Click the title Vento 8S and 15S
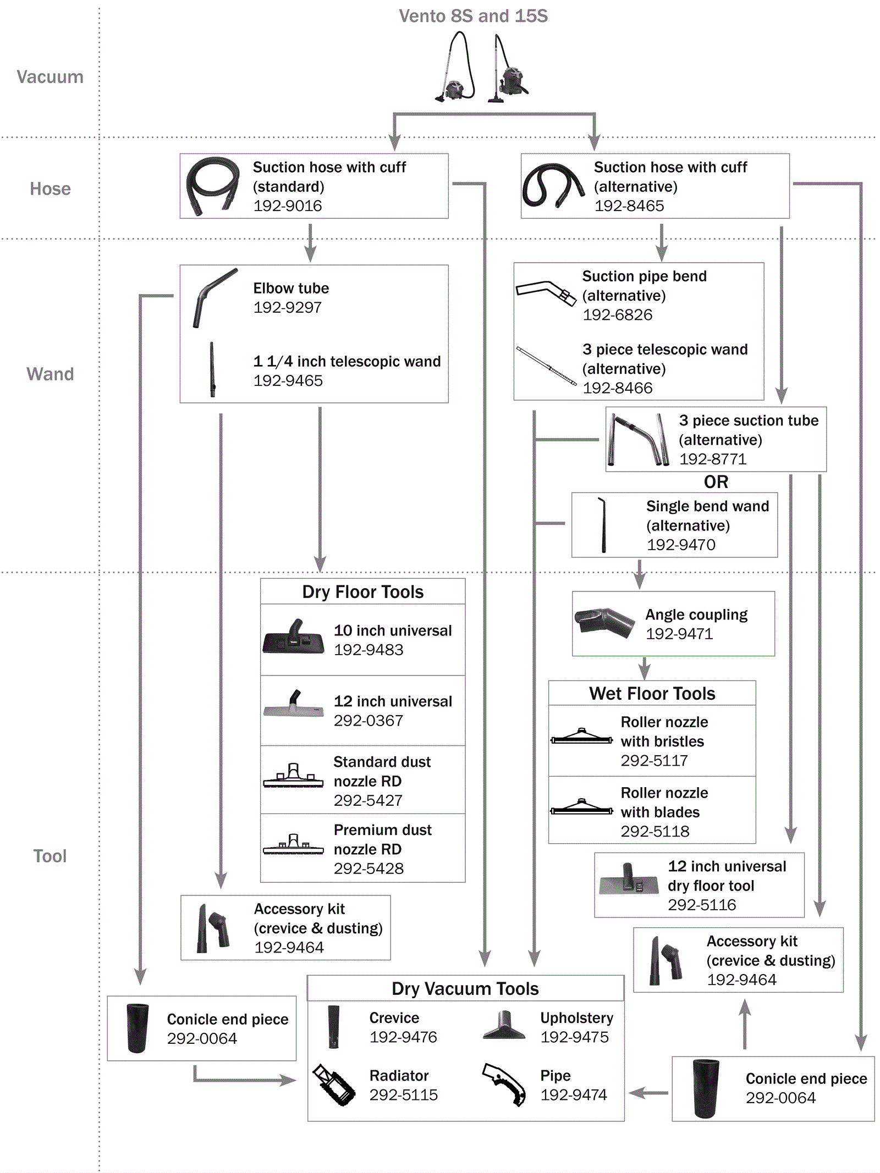click(473, 16)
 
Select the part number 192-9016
click(288, 206)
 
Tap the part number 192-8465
click(629, 206)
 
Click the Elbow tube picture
click(215, 297)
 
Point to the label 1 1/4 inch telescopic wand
click(347, 361)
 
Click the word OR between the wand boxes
click(716, 482)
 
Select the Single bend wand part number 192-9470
click(681, 545)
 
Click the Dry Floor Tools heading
click(363, 592)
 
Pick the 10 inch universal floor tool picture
click(294, 638)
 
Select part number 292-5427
click(368, 800)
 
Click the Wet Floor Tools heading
click(652, 694)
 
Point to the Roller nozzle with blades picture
click(581, 807)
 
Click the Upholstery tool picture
click(504, 1026)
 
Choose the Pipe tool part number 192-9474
click(574, 1095)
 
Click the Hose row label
click(50, 189)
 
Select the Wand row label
click(50, 374)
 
